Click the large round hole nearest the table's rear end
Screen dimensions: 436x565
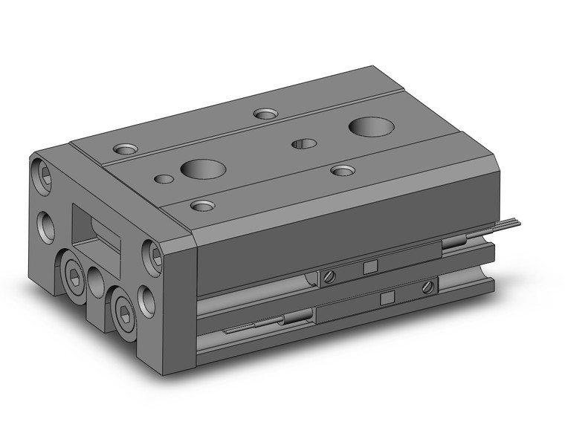pos(369,127)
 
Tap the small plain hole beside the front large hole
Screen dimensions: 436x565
pos(162,178)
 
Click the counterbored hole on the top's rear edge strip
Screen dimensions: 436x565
pos(265,114)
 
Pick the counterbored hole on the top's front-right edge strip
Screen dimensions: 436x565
pos(342,171)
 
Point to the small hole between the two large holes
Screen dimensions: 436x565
pos(303,143)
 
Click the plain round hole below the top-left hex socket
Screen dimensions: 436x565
pos(45,224)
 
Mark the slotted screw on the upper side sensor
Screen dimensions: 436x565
pos(329,276)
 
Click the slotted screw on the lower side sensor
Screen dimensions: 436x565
pos(427,287)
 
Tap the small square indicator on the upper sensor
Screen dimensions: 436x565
pos(369,268)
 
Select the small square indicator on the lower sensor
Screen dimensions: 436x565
pos(386,297)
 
